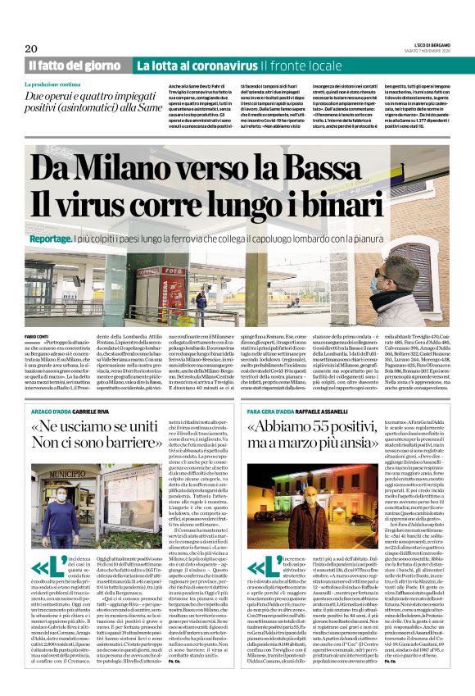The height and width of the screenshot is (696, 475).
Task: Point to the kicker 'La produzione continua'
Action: tap(52, 85)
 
